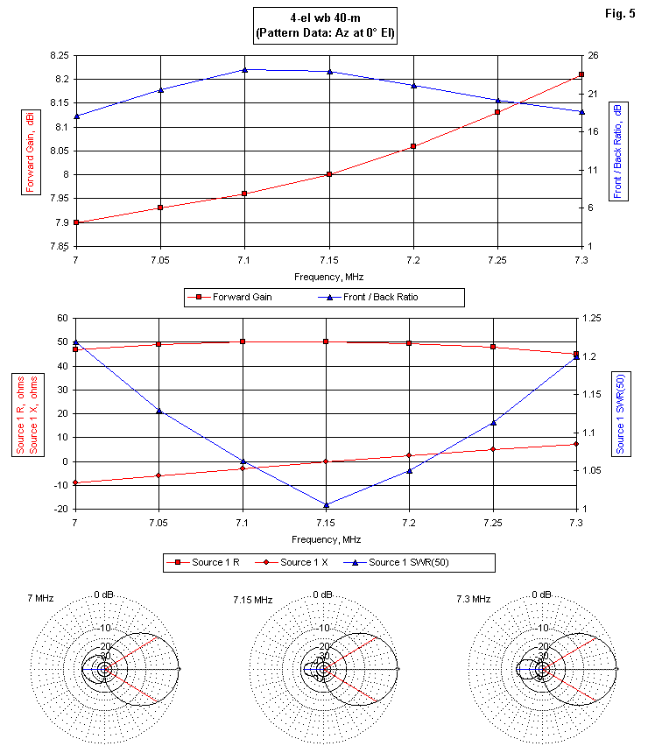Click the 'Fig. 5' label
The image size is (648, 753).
point(619,13)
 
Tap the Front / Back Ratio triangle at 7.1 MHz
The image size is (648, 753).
point(244,69)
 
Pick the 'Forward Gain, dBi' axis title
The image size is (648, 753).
point(29,151)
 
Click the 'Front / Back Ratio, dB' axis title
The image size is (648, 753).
point(618,151)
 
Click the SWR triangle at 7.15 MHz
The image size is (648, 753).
point(326,505)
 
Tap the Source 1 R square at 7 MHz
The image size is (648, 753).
point(76,349)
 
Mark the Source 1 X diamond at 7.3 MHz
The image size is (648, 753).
point(576,444)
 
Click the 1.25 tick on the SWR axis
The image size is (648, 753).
point(595,319)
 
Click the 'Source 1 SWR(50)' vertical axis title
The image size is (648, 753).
point(620,413)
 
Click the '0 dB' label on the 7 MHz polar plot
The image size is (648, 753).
point(106,595)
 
